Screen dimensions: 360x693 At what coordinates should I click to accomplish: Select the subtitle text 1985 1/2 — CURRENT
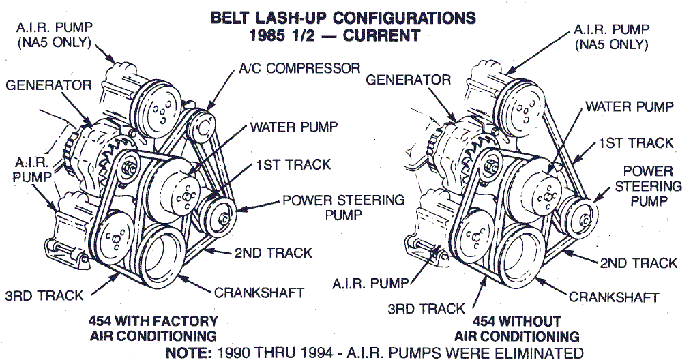[x=342, y=35]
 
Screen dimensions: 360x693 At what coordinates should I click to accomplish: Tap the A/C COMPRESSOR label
[x=299, y=69]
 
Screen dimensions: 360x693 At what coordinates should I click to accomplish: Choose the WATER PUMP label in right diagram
[x=629, y=107]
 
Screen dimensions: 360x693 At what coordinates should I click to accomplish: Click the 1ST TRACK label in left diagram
[x=293, y=164]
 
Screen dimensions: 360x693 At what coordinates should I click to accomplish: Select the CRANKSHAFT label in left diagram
[x=259, y=292]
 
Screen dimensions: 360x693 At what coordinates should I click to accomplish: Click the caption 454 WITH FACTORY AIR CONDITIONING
[x=153, y=328]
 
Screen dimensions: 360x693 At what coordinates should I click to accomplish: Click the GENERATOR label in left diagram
[x=48, y=85]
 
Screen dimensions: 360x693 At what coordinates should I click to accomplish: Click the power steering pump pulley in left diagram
[x=222, y=218]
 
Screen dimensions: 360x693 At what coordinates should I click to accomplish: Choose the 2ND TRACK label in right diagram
[x=638, y=262]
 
